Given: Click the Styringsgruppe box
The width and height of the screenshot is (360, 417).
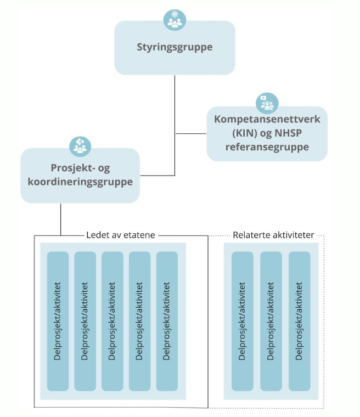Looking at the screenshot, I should pyautogui.click(x=175, y=48).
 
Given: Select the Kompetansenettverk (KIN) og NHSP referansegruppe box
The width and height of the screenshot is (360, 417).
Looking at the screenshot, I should pyautogui.click(x=267, y=133).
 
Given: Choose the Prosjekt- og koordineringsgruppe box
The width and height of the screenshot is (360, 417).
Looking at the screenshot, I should pyautogui.click(x=80, y=175).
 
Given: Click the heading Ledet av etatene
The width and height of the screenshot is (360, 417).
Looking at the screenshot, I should pyautogui.click(x=121, y=235).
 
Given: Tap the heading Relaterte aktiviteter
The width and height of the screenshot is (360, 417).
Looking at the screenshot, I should pyautogui.click(x=273, y=235).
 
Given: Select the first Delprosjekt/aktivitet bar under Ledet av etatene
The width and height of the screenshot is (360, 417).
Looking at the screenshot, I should pyautogui.click(x=58, y=321).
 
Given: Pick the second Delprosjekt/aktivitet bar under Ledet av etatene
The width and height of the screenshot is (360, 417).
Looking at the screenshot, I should pyautogui.click(x=85, y=321).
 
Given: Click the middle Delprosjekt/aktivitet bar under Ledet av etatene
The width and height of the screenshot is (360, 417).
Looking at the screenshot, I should pyautogui.click(x=113, y=321).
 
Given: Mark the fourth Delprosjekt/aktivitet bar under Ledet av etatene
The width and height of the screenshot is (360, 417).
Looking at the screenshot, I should pyautogui.click(x=139, y=321).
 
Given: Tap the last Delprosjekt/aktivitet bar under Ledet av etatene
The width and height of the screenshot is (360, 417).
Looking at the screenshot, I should pyautogui.click(x=167, y=321).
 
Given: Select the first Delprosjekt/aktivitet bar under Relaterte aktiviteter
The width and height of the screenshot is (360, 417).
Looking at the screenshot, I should pyautogui.click(x=243, y=321).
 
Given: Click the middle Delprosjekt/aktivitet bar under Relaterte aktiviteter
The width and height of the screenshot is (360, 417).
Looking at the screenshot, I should pyautogui.click(x=271, y=321).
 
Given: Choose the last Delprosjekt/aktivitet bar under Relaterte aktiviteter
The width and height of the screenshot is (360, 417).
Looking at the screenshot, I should pyautogui.click(x=300, y=321).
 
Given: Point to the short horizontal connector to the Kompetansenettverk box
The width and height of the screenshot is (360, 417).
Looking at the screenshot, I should pyautogui.click(x=191, y=133).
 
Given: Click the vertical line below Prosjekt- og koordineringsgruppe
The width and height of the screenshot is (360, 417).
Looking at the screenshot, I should pyautogui.click(x=60, y=219).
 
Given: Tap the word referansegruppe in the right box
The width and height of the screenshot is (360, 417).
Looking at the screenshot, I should pyautogui.click(x=267, y=147).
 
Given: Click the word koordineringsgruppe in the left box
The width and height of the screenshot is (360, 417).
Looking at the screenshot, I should pyautogui.click(x=80, y=182).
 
